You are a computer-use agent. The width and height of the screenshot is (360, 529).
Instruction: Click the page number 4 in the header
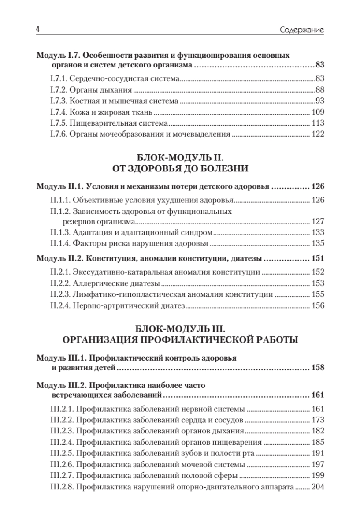38,30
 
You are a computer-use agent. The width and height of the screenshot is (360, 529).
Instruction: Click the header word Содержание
302,30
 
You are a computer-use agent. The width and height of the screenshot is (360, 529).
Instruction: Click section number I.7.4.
59,112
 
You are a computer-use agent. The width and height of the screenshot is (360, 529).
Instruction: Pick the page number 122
318,134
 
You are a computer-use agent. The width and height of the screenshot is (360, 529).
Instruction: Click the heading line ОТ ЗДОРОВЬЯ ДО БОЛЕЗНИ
180,168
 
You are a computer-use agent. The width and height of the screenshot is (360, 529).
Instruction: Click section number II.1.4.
60,243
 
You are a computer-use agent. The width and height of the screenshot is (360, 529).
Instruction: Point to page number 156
318,305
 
